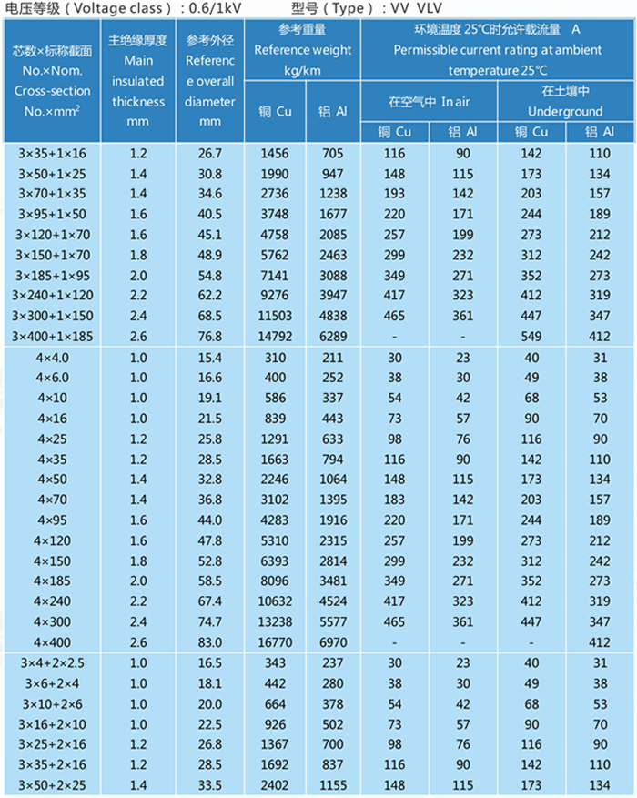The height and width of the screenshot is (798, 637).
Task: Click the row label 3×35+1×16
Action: (53, 153)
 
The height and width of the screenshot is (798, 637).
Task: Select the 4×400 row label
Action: (53, 642)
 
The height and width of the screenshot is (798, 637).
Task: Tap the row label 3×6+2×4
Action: (53, 683)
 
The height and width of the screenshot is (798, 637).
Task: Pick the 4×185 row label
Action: (53, 581)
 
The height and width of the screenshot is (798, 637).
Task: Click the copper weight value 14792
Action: (275, 337)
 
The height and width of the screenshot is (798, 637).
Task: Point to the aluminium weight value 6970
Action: (333, 642)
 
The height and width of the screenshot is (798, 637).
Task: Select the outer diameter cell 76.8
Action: (210, 337)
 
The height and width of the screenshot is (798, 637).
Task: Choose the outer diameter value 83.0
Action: (210, 642)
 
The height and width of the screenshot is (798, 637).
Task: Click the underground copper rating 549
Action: (531, 337)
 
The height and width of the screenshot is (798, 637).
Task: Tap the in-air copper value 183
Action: (395, 500)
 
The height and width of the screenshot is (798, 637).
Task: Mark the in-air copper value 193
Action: (395, 194)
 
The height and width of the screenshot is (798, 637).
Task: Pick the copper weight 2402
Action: (275, 785)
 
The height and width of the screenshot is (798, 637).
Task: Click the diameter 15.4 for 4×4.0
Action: (210, 358)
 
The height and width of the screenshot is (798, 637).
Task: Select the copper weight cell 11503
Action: (275, 316)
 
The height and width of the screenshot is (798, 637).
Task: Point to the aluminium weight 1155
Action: (333, 785)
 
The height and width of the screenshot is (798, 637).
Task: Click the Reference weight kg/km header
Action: (303, 50)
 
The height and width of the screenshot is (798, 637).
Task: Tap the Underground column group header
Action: (565, 101)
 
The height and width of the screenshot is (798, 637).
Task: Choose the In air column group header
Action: (429, 102)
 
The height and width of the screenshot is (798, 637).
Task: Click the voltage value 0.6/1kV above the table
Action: (216, 8)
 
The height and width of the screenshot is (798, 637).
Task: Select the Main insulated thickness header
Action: (138, 80)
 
